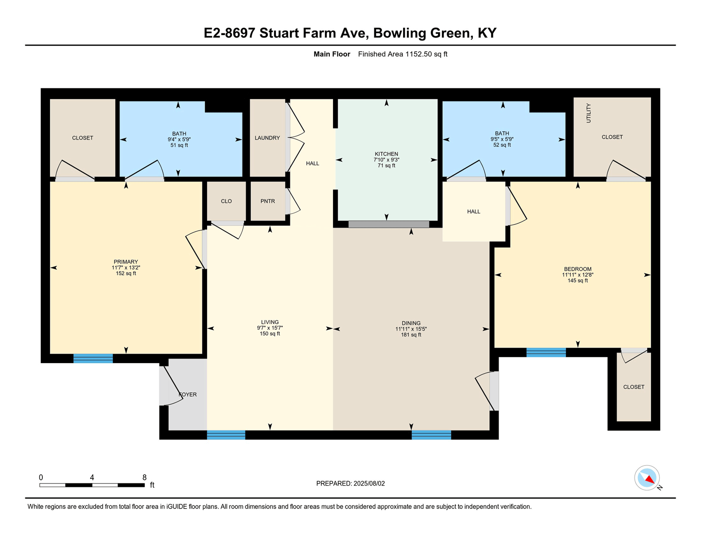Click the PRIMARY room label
coord(126,262)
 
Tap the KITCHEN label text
coord(386,154)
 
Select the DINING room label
coord(411,323)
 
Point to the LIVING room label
coord(270,322)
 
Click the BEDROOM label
coord(578,269)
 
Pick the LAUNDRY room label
coord(267,138)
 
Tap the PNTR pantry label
coord(268,201)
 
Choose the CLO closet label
coord(226,201)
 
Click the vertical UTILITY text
coord(588,113)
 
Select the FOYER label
coord(188,394)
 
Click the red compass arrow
coord(650,479)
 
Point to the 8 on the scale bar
coord(144,477)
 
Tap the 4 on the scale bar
coord(92,477)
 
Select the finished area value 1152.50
coord(419,54)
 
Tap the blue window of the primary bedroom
coord(93,358)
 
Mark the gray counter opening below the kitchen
coord(389,224)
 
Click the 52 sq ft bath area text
coord(502,145)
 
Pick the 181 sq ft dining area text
coord(411,335)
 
